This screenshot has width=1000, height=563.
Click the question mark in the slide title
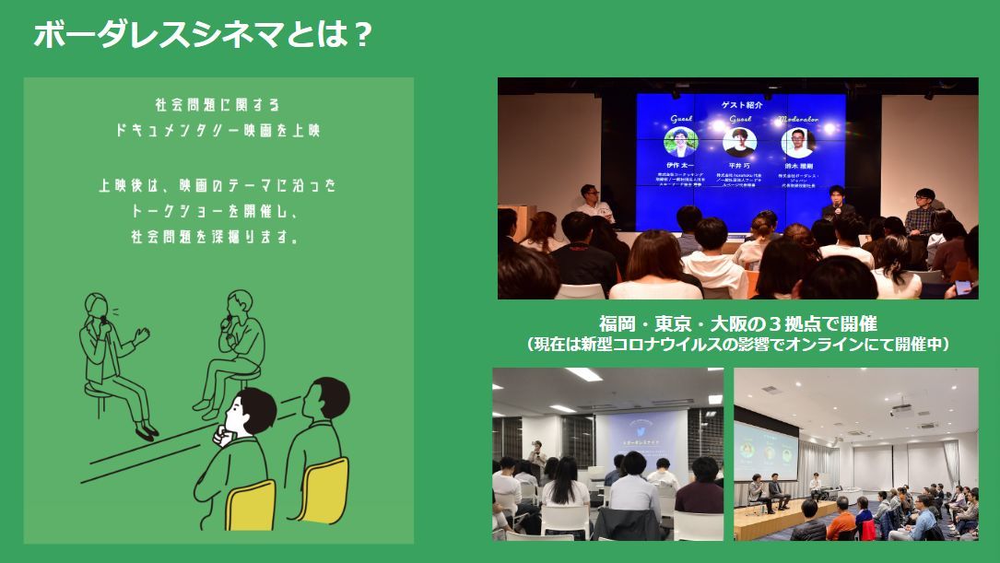pos(361,36)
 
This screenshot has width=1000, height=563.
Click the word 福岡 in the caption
pos(618,324)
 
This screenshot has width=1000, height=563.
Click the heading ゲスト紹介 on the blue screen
pos(740,105)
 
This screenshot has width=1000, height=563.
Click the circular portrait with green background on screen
pos(681,143)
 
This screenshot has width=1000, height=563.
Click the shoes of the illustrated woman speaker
pos(143,429)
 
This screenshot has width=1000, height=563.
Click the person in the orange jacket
pos(841,522)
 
